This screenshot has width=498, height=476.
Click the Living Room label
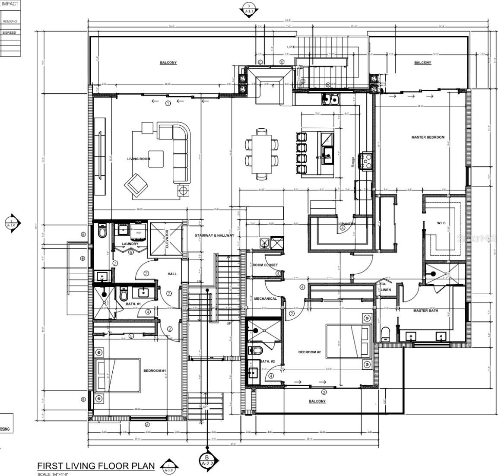pyautogui.click(x=138, y=159)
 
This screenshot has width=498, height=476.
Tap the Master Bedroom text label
pyautogui.click(x=428, y=137)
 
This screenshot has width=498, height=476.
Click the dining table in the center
pyautogui.click(x=261, y=153)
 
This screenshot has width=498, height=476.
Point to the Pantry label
pyautogui.click(x=348, y=224)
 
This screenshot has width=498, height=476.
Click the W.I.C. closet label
pyautogui.click(x=441, y=223)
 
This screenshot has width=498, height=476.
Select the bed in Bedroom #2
pyautogui.click(x=348, y=341)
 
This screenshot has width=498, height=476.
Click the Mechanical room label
pyautogui.click(x=265, y=298)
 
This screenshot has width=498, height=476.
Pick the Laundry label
pyautogui.click(x=130, y=244)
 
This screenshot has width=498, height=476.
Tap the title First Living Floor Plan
pyautogui.click(x=96, y=466)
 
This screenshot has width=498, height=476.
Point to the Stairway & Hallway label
pyautogui.click(x=214, y=235)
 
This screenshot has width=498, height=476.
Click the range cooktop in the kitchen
pyautogui.click(x=366, y=161)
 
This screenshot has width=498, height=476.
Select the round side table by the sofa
pyautogui.click(x=183, y=190)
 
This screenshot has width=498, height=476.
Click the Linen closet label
pyautogui.click(x=386, y=290)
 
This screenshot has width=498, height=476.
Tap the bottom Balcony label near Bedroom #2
pyautogui.click(x=317, y=401)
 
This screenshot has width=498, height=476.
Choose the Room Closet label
pyautogui.click(x=265, y=265)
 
